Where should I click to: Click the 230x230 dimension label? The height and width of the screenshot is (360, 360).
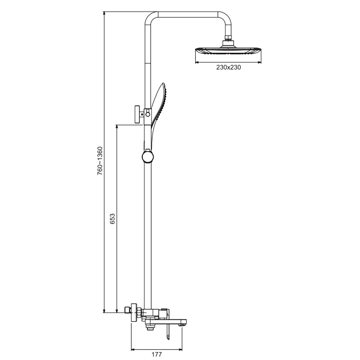click(x=229, y=67)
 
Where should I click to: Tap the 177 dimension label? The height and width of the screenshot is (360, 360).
click(x=157, y=354)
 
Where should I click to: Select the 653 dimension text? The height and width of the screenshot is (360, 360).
click(x=112, y=219)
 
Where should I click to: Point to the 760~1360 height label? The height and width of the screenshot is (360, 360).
click(x=100, y=161)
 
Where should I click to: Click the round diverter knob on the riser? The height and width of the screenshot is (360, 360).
click(x=148, y=157)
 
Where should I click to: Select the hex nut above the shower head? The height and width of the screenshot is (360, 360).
click(x=228, y=38)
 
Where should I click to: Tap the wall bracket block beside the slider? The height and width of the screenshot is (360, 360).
click(x=137, y=114)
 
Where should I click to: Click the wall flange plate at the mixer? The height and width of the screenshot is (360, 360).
click(x=134, y=312)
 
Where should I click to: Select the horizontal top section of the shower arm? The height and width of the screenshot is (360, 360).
click(x=188, y=14)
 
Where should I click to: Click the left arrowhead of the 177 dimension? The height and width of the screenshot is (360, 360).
click(x=132, y=350)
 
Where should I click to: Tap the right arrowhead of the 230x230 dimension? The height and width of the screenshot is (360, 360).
click(x=260, y=62)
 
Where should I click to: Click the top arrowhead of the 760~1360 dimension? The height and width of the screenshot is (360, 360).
click(x=104, y=13)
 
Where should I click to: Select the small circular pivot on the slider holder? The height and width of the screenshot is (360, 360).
click(x=148, y=114)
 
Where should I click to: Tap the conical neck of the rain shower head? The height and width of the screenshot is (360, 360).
click(x=228, y=44)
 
